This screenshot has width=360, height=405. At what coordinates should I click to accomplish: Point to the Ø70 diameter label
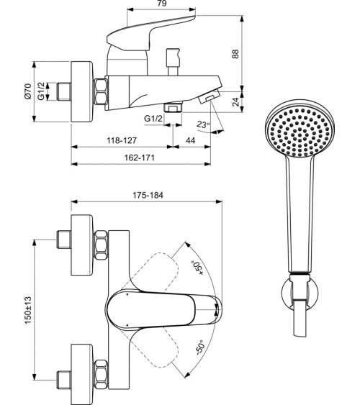point(27,92)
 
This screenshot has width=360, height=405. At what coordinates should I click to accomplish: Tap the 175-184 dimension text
point(147,195)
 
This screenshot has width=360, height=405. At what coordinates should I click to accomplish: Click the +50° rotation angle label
point(194,268)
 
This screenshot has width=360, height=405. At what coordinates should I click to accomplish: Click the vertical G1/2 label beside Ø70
point(42,92)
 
